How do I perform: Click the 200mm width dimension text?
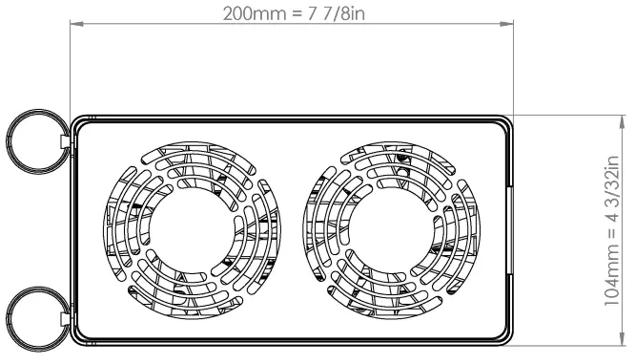[294, 13]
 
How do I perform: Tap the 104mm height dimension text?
[612, 230]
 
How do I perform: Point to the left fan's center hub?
[191, 230]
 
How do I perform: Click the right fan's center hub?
[390, 230]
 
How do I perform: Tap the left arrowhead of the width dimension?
[77, 24]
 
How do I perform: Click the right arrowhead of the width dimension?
[506, 24]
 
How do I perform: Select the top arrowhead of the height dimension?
[623, 122]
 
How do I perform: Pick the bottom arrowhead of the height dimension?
[623, 339]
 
